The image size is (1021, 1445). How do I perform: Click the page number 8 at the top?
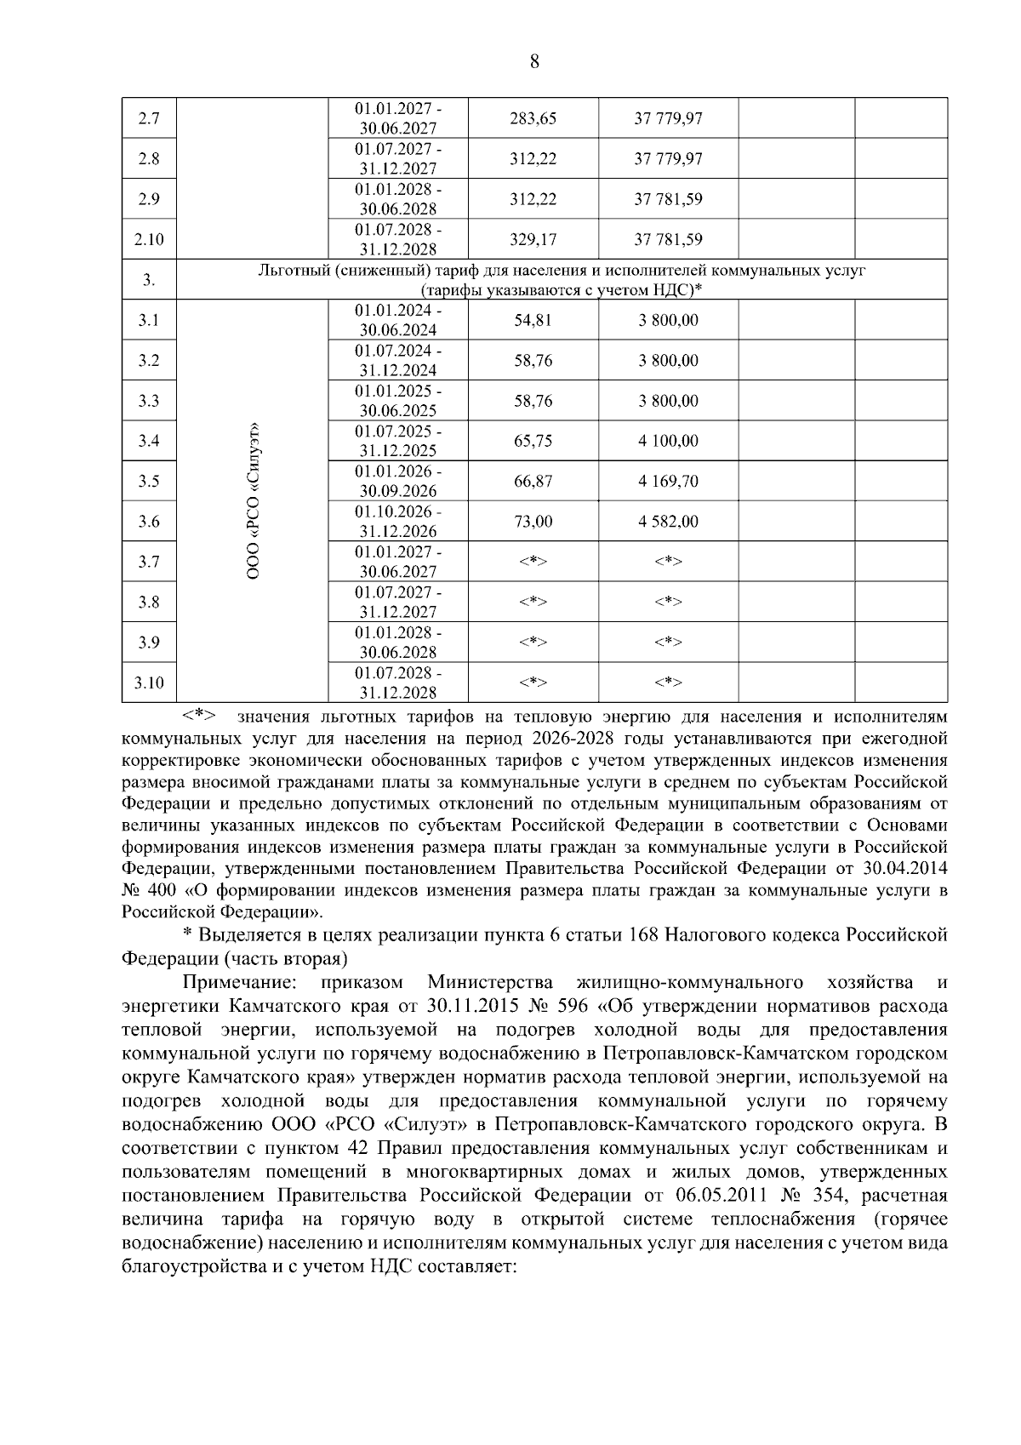click(533, 61)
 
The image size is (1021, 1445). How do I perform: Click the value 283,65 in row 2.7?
click(533, 118)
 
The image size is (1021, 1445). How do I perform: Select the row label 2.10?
click(149, 239)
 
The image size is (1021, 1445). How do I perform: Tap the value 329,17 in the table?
click(533, 239)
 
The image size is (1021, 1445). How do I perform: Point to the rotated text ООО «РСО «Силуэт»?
click(253, 501)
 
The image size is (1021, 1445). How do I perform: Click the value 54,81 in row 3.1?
click(533, 320)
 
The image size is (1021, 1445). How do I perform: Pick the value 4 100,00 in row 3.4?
click(668, 441)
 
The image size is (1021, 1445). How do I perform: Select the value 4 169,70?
click(668, 481)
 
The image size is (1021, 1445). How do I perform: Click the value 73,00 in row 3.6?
click(533, 521)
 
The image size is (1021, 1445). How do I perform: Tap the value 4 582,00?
click(668, 521)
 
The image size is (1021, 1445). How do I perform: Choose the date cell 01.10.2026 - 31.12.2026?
click(398, 522)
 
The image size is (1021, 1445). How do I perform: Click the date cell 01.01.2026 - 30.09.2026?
click(398, 481)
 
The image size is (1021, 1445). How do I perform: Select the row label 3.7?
click(149, 562)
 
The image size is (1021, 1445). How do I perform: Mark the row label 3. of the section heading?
click(149, 280)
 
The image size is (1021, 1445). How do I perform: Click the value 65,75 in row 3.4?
click(533, 441)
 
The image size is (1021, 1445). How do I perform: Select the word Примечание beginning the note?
click(241, 983)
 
